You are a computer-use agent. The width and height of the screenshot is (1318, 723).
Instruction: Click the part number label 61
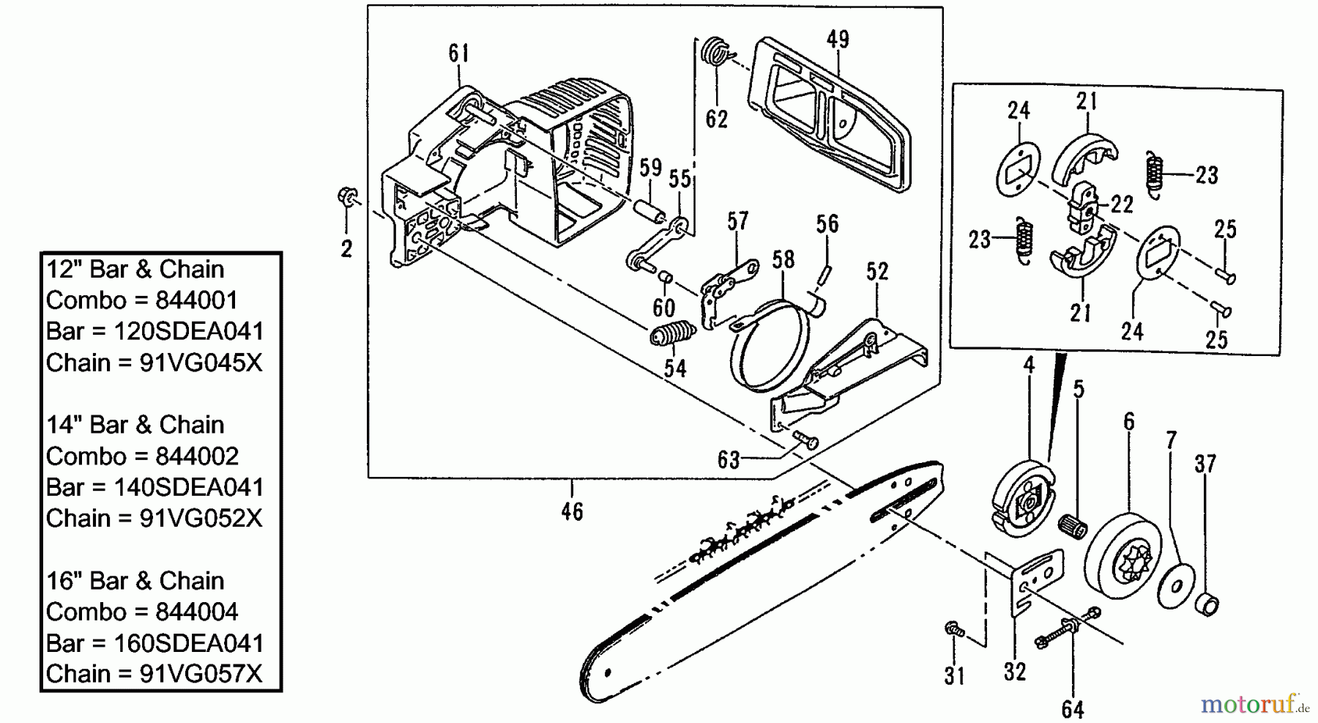tap(458, 53)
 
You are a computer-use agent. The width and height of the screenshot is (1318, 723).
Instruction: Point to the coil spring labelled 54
tap(673, 335)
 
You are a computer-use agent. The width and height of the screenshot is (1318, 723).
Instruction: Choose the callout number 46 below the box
tap(572, 511)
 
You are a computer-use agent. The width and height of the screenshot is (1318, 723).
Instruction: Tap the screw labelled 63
tap(806, 440)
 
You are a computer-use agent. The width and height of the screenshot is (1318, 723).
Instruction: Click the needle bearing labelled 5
tap(1073, 525)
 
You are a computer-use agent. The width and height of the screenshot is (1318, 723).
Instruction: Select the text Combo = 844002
tap(142, 456)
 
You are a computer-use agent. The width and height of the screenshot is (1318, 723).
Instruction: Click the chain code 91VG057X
tap(201, 673)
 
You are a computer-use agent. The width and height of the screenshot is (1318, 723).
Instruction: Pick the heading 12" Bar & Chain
tap(135, 269)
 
